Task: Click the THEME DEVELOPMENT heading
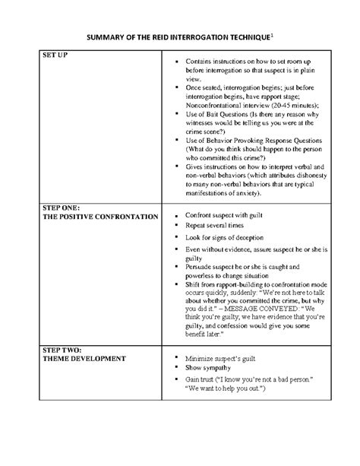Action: point(84,358)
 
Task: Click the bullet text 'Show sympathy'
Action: point(208,367)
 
